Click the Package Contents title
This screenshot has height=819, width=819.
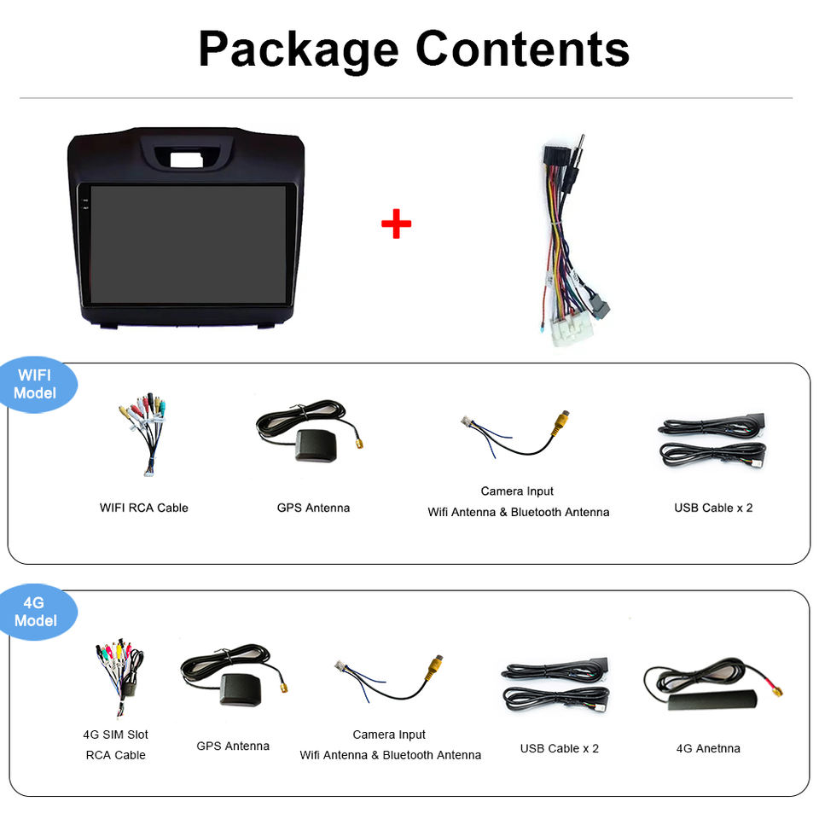pos(414,49)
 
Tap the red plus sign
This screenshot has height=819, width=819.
pos(396,224)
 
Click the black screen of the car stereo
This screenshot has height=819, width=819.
pos(189,244)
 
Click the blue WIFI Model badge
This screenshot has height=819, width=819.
pos(36,384)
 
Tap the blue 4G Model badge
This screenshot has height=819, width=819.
pos(36,612)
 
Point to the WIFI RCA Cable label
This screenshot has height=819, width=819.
pos(143,508)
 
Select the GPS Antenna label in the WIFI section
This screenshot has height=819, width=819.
pos(313,508)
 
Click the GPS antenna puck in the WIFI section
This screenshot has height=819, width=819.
pos(316,445)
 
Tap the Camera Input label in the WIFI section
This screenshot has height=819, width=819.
pos(517,491)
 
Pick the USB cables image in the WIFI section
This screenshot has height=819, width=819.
pos(712,441)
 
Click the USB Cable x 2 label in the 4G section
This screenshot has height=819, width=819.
pos(560,748)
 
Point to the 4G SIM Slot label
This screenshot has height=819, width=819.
pos(115,735)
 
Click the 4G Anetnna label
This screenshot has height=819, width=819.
pos(708,748)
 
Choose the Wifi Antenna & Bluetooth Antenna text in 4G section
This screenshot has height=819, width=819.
pos(390,755)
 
